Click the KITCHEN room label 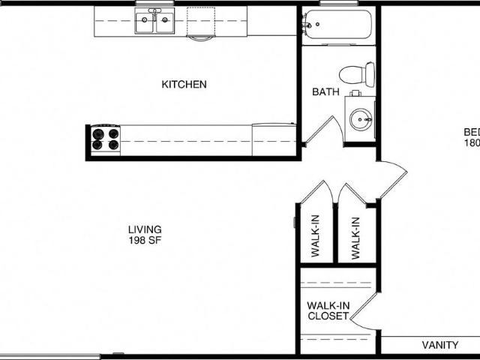184,84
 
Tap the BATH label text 325,92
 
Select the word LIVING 145,229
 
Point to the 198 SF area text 145,241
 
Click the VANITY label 439,346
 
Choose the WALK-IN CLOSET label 328,311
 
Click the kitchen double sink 154,22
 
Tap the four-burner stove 105,139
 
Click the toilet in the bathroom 357,73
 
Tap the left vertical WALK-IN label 316,237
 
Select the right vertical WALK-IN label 355,237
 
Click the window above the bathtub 338,3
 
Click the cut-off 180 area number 472,143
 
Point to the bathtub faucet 307,27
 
